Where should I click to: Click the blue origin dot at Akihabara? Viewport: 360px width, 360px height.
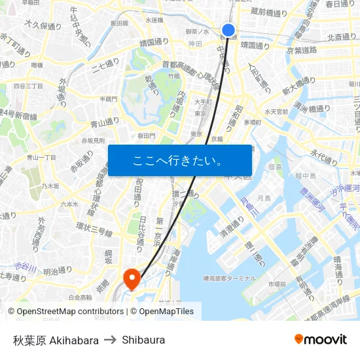pyautogui.click(x=228, y=30)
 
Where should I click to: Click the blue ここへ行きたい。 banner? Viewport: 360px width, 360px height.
pyautogui.click(x=180, y=160)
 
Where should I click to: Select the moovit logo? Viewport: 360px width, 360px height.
pyautogui.click(x=320, y=339)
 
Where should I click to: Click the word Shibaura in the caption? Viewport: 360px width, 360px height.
pyautogui.click(x=143, y=340)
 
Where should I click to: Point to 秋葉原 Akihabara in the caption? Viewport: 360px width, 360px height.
pyautogui.click(x=56, y=340)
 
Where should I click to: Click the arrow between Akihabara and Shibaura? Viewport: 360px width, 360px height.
pyautogui.click(x=110, y=340)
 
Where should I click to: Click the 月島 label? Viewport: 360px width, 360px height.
pyautogui.click(x=264, y=197)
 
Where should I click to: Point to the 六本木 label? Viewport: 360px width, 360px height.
pyautogui.click(x=69, y=204)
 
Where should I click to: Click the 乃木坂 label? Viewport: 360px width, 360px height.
pyautogui.click(x=51, y=187)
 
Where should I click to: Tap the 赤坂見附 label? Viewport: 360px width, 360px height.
pyautogui.click(x=92, y=141)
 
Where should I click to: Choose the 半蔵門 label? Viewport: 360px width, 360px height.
pyautogui.click(x=108, y=99)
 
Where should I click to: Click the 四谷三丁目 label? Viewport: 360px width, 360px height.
pyautogui.click(x=28, y=86)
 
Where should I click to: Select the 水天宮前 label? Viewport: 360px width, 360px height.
pyautogui.click(x=276, y=111)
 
